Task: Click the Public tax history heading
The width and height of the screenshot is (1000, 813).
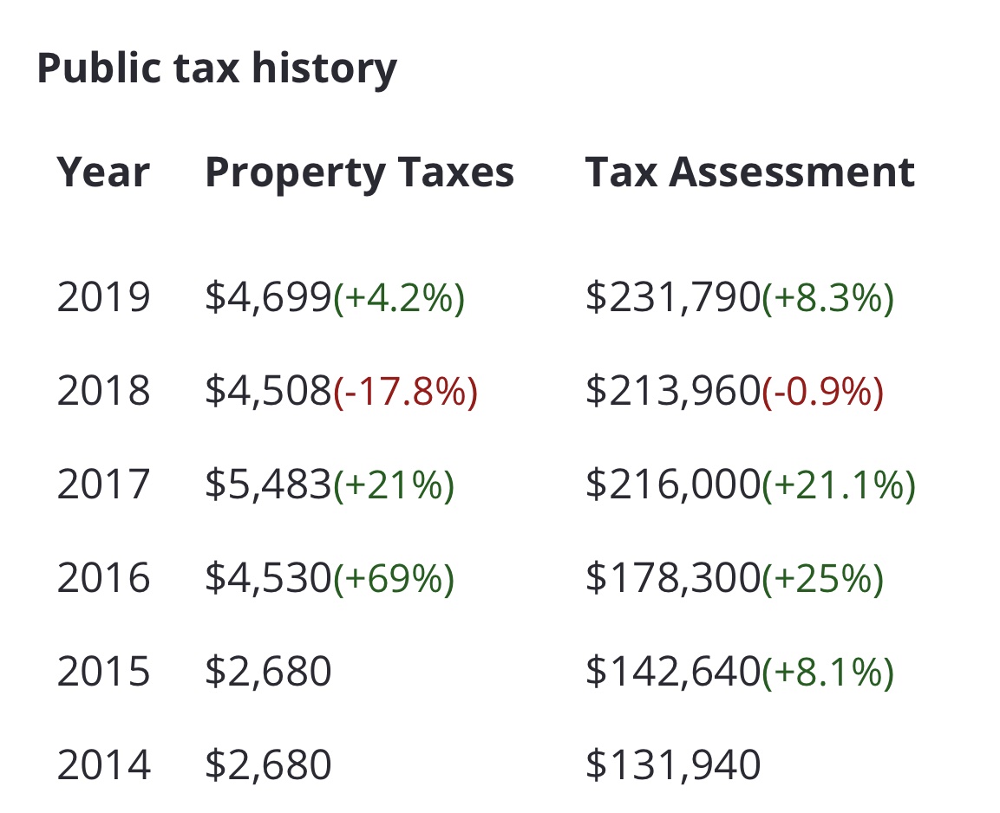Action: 217,68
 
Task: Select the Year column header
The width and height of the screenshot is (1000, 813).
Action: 103,172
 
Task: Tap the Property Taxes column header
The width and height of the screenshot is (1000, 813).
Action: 359,172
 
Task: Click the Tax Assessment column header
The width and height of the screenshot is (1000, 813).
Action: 749,172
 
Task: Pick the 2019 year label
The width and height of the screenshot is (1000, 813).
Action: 103,298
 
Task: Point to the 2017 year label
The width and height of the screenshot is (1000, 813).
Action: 103,485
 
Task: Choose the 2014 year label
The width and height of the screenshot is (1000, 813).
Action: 103,764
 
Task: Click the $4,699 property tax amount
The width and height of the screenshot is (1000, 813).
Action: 268,298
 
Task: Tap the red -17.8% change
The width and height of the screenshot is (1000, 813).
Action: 405,392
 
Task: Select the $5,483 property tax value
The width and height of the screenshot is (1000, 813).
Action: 268,485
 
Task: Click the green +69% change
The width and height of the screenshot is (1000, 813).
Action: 394,578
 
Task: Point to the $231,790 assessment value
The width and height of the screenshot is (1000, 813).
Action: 672,298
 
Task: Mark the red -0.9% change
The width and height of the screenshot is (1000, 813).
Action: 822,392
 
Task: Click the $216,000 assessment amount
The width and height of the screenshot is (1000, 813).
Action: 672,485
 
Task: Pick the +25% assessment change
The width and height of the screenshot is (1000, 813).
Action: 822,578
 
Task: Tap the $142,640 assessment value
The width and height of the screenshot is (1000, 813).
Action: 672,672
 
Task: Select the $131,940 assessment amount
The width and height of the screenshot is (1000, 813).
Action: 672,764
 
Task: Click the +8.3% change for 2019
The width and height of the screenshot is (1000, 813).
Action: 827,298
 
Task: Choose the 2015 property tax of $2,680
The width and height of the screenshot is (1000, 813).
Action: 268,672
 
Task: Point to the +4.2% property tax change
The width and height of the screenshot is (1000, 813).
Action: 399,298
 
